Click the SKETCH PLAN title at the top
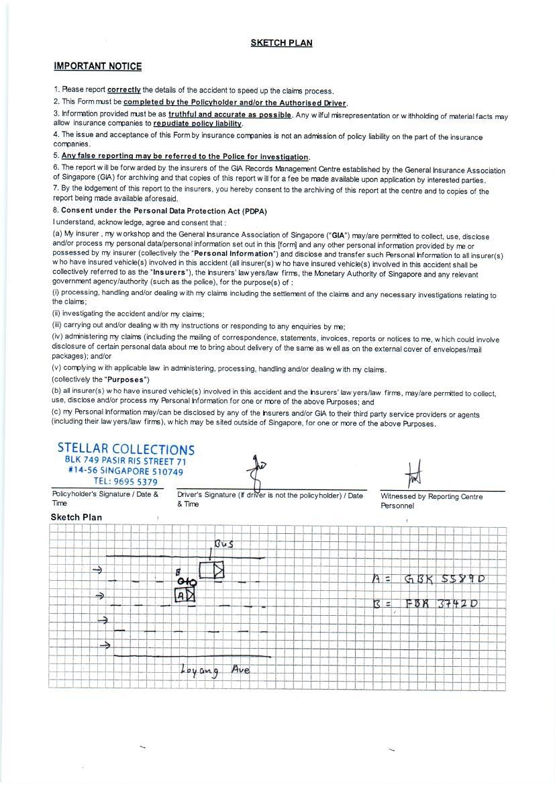point(281,43)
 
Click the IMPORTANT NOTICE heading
point(98,66)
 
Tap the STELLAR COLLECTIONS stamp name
point(126,449)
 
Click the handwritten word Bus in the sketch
point(223,543)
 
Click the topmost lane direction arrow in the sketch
point(97,570)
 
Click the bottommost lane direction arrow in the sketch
point(105,645)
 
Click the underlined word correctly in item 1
point(124,90)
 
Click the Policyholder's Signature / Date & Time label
point(105,498)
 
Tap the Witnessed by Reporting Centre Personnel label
point(432,501)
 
